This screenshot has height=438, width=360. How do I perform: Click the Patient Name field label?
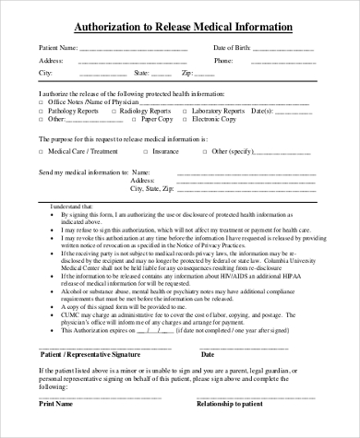pyautogui.click(x=57, y=47)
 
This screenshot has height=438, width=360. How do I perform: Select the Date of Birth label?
pyautogui.click(x=232, y=47)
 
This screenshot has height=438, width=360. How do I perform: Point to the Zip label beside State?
pyautogui.click(x=186, y=71)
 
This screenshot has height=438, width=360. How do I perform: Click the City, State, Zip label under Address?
pyautogui.click(x=158, y=188)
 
